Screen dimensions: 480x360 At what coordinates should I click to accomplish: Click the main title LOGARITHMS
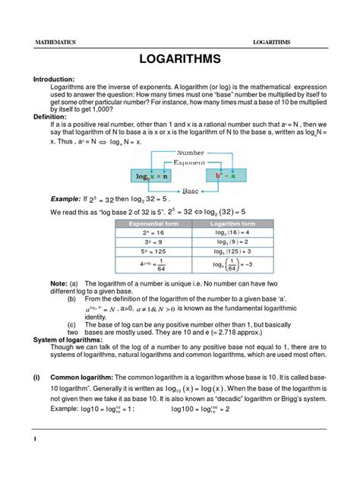pyautogui.click(x=180, y=60)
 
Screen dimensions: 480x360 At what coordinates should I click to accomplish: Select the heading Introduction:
pyautogui.click(x=53, y=79)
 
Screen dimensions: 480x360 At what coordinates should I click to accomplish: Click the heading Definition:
pyautogui.click(x=48, y=117)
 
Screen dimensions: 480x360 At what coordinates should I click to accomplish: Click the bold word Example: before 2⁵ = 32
pyautogui.click(x=68, y=199)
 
